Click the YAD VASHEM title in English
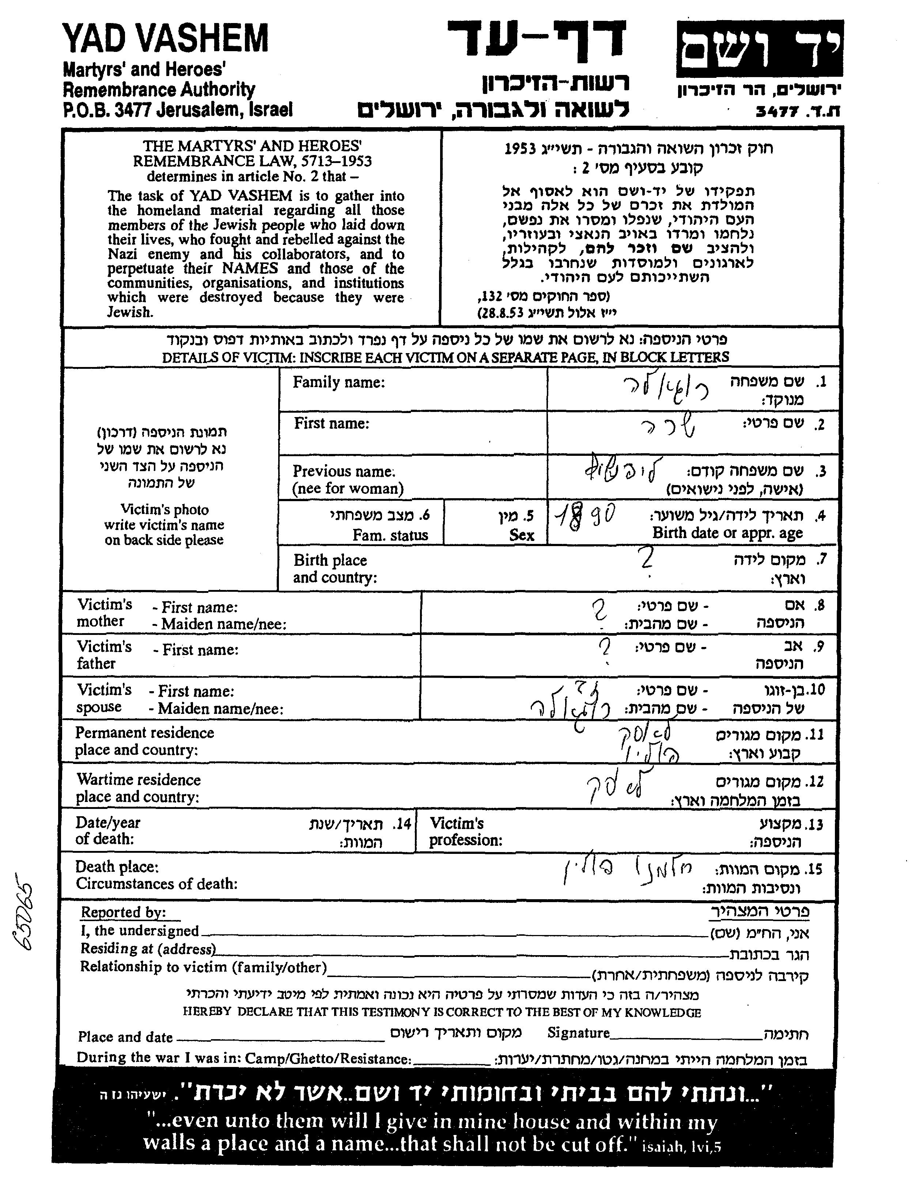[166, 39]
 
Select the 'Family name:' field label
[338, 382]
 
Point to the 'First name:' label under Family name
[332, 423]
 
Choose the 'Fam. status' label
[390, 535]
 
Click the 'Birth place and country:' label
[335, 568]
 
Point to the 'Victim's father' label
[104, 655]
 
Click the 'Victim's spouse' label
[104, 698]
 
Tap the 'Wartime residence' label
[138, 780]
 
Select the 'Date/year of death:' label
[107, 831]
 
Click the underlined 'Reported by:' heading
[123, 912]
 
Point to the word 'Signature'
[578, 1033]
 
